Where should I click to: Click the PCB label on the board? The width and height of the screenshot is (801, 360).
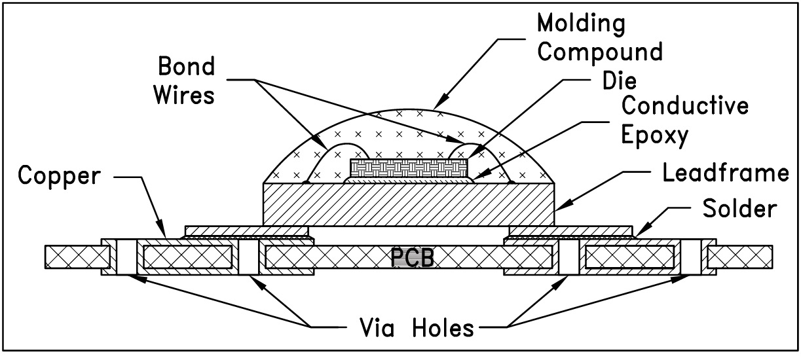(x=413, y=257)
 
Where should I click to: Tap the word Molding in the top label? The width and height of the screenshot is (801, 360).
(x=580, y=24)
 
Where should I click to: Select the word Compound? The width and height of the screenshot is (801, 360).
(x=599, y=51)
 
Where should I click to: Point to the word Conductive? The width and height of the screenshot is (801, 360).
(x=685, y=105)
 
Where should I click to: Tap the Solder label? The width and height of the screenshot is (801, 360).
(x=739, y=209)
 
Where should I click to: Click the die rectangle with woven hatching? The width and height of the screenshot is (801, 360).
(x=409, y=169)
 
